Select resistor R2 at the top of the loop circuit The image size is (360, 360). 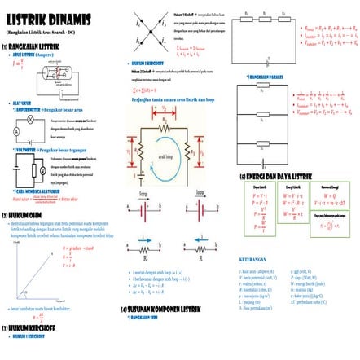coord(164,119)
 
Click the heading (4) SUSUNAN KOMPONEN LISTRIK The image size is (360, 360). coord(166,310)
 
